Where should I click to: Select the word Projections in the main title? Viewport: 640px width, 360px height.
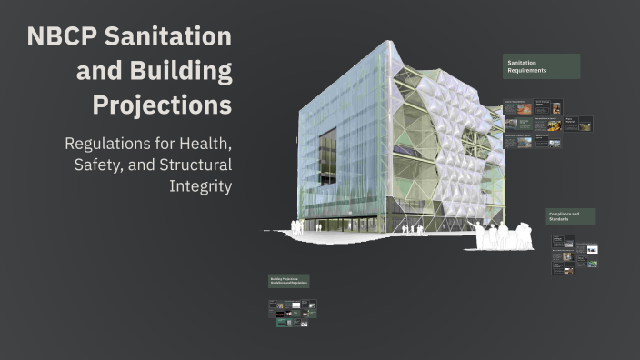pos(162,105)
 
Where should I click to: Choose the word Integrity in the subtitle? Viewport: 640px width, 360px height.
pos(200,186)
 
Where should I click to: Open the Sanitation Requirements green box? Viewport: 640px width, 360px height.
pos(541,65)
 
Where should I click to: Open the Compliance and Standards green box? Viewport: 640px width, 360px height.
pos(571,216)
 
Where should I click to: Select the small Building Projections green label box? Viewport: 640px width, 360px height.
pos(288,282)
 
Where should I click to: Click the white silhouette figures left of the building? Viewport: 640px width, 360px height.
pos(297,227)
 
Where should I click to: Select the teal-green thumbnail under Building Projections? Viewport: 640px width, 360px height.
pos(282,322)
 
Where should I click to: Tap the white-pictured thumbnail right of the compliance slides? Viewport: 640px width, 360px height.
pos(592,249)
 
